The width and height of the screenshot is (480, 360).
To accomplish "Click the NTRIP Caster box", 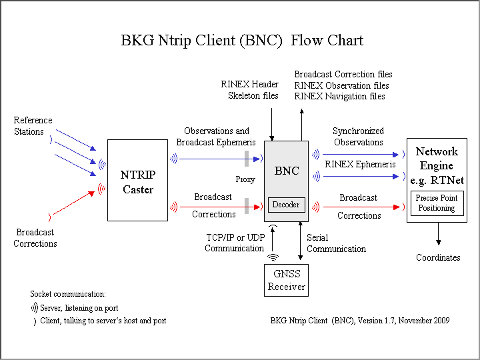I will coord(137,180).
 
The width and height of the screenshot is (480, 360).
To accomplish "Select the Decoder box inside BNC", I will coord(287,205).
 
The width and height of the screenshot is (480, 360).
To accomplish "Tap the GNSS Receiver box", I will coord(287,280).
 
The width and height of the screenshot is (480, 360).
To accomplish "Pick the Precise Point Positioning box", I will coord(437,203).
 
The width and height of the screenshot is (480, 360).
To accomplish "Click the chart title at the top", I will coord(242,40).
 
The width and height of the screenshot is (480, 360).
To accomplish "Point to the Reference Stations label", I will coord(33,126).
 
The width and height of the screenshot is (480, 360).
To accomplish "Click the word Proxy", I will coord(245,179).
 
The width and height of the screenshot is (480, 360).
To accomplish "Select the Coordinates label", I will coord(438,257).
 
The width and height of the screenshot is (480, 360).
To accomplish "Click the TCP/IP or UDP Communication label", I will coord(234,243).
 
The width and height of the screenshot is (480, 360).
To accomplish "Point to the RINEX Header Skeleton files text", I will coord(250,90).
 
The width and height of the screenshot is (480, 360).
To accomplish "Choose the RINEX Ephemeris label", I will coord(360,164).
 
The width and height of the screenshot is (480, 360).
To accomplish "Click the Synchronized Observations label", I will coord(359,137).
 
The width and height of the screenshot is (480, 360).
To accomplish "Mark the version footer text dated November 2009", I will coord(360,321).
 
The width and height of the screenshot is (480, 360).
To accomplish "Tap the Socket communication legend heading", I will coord(68,293).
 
